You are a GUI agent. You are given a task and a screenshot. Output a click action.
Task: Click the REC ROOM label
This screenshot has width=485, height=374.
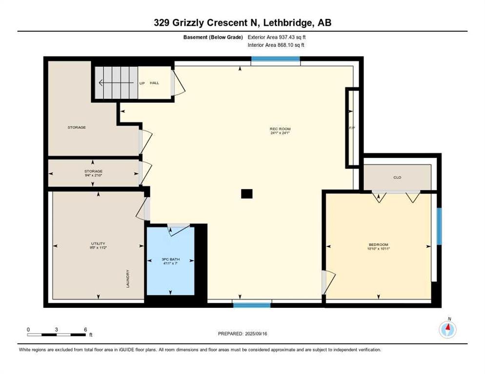click(x=280, y=129)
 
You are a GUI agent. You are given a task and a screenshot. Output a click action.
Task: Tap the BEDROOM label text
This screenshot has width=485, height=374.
click(x=379, y=244)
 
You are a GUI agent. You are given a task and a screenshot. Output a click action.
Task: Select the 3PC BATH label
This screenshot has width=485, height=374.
click(x=170, y=260)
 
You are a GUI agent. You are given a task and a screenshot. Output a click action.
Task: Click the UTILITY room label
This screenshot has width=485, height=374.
click(x=98, y=243)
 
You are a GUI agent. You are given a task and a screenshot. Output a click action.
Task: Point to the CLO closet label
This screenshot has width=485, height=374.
click(x=397, y=177)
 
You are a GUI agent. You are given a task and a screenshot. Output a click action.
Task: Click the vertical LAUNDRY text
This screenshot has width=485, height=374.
click(x=128, y=279)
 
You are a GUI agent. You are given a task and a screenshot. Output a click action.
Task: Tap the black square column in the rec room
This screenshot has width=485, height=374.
click(x=247, y=194)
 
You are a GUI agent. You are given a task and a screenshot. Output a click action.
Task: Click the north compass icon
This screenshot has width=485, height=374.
click(x=447, y=329)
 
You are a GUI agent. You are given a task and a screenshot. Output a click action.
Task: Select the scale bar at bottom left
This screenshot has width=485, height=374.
click(x=57, y=335)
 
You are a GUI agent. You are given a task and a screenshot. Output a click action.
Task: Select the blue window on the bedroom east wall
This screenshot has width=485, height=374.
click(x=439, y=226)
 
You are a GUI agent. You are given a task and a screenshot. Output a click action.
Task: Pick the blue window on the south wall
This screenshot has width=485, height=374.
click(x=252, y=305)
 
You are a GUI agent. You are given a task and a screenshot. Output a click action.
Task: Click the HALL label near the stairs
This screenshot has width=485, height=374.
click(x=154, y=83)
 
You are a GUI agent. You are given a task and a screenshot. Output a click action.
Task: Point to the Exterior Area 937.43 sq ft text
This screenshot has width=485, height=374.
click(x=277, y=37)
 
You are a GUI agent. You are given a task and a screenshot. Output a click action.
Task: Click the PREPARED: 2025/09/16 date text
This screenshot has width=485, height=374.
click(x=242, y=334)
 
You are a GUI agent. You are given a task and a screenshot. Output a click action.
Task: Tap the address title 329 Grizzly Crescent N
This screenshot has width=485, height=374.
click(x=242, y=23)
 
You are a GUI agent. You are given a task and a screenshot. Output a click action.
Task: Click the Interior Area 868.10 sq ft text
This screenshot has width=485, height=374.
click(x=277, y=45)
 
